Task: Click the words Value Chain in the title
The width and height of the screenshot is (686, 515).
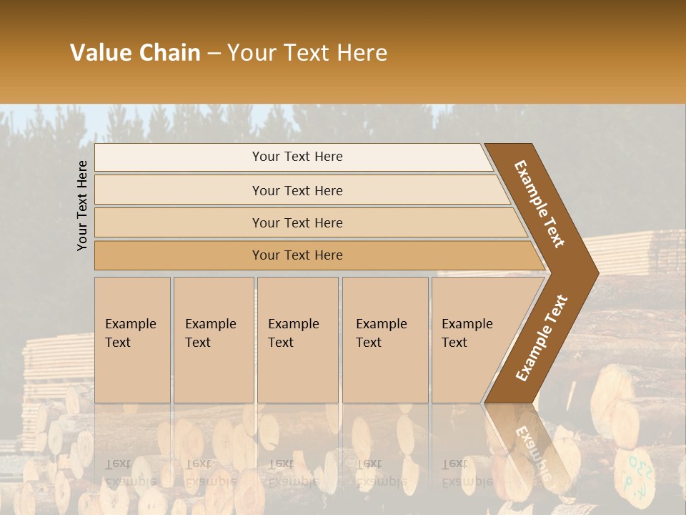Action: click(x=135, y=53)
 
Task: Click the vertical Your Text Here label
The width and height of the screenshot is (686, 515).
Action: click(x=83, y=205)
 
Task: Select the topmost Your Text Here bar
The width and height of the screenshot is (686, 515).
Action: click(x=297, y=157)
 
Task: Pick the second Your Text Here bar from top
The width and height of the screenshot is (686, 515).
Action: click(x=297, y=190)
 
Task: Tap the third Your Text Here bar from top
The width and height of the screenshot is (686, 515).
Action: click(x=297, y=222)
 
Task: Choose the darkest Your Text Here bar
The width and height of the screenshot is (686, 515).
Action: click(x=297, y=255)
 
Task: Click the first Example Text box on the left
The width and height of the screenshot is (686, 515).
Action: click(x=132, y=340)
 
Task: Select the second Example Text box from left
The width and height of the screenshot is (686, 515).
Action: click(x=213, y=340)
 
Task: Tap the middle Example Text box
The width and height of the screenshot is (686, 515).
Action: click(x=297, y=340)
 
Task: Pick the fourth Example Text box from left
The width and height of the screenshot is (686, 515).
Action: click(x=385, y=340)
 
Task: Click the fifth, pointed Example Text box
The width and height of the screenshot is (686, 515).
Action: click(x=475, y=340)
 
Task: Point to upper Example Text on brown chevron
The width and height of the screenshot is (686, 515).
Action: click(x=540, y=203)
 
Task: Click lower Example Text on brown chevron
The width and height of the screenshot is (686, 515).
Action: click(x=542, y=338)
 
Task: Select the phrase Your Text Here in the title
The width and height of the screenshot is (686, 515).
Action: click(x=307, y=53)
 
